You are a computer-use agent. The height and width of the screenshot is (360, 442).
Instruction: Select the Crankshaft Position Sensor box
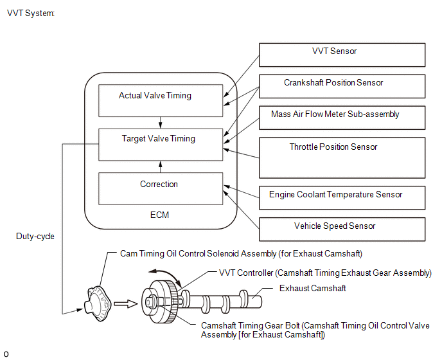342,86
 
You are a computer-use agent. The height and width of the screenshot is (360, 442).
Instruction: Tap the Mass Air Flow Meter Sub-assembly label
335,114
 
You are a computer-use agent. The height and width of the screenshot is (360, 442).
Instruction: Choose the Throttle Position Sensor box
342,157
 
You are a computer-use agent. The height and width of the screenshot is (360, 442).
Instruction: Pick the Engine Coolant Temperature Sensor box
342,195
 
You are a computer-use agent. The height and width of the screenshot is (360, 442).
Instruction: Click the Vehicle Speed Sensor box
342,228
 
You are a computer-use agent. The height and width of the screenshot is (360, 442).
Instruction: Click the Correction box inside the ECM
159,188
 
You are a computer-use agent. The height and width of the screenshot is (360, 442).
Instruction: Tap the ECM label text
159,215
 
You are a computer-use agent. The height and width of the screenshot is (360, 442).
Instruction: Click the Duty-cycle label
35,237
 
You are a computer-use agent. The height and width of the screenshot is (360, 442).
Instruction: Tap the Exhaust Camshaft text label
312,289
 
